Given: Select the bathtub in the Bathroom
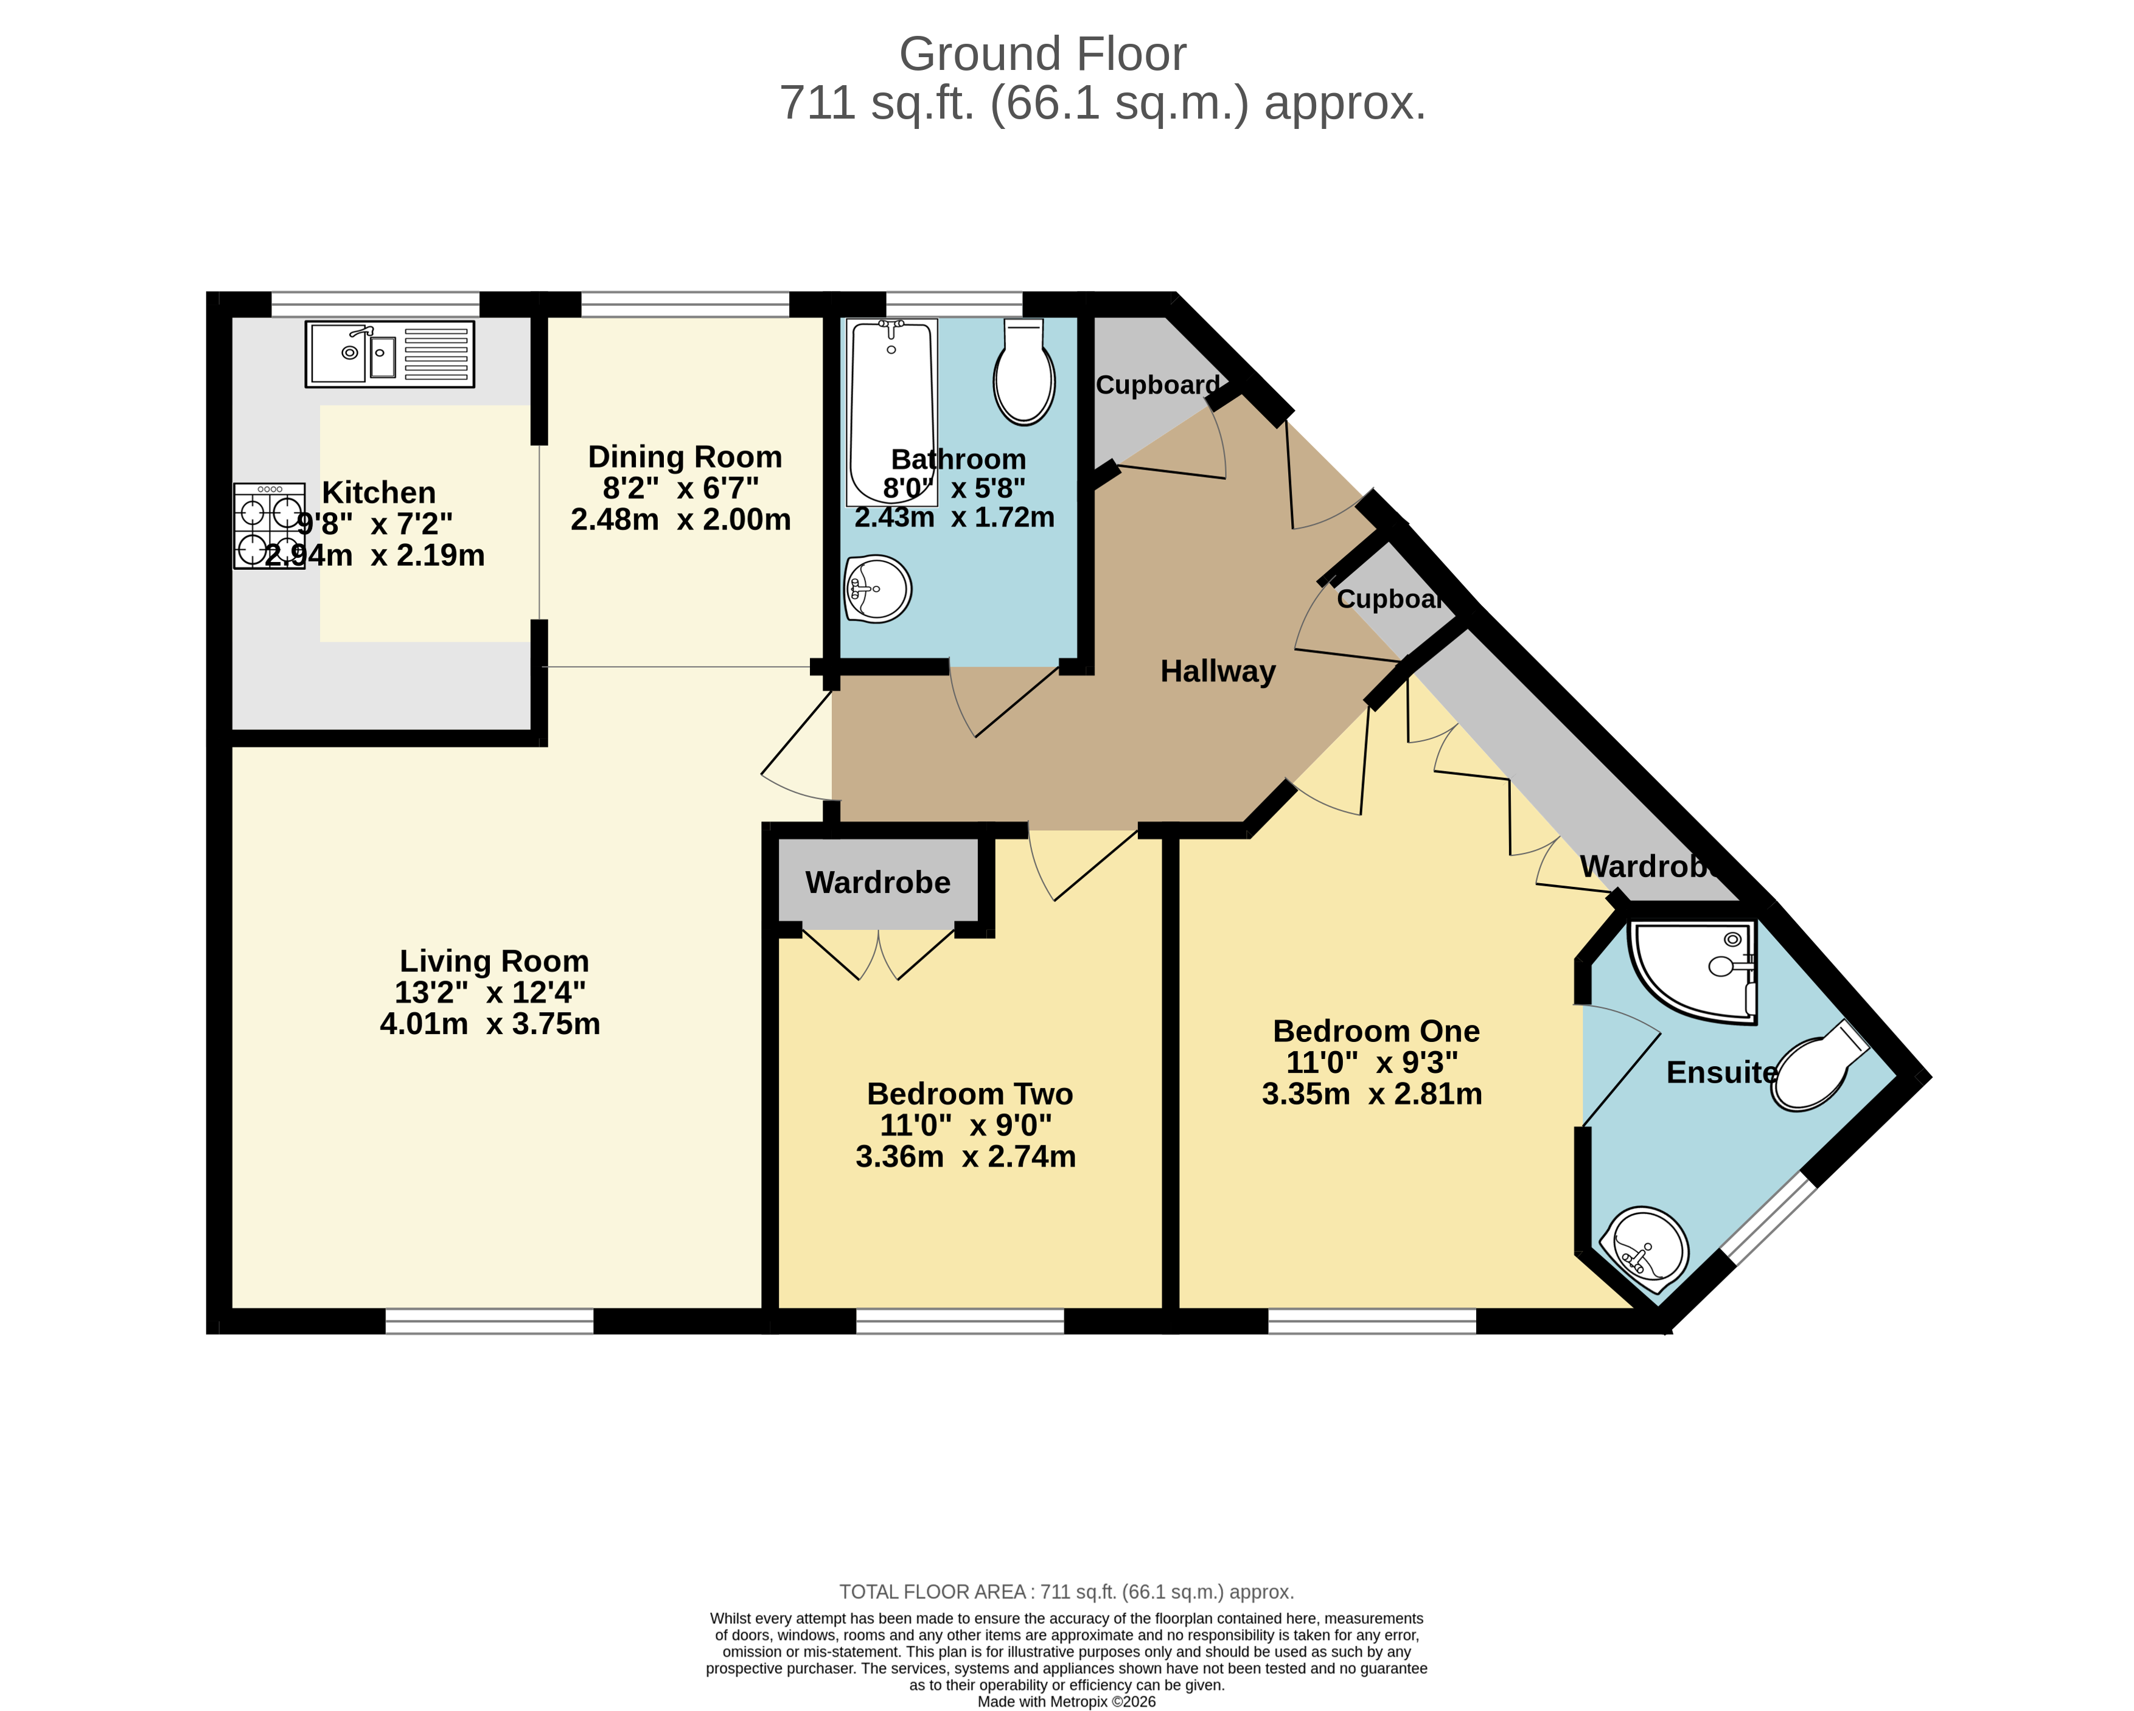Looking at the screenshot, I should point(891,410).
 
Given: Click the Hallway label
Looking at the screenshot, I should point(1218,671).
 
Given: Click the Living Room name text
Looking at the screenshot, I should point(494,961).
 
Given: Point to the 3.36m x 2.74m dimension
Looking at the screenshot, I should point(965,1156).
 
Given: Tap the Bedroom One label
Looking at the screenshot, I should point(1376,1030).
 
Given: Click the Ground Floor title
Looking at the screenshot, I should point(1042,54).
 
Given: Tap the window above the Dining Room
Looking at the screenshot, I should point(685,304).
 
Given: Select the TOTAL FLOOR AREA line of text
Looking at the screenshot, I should point(1066,1591).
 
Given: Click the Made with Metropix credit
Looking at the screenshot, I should point(1066,1701).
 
